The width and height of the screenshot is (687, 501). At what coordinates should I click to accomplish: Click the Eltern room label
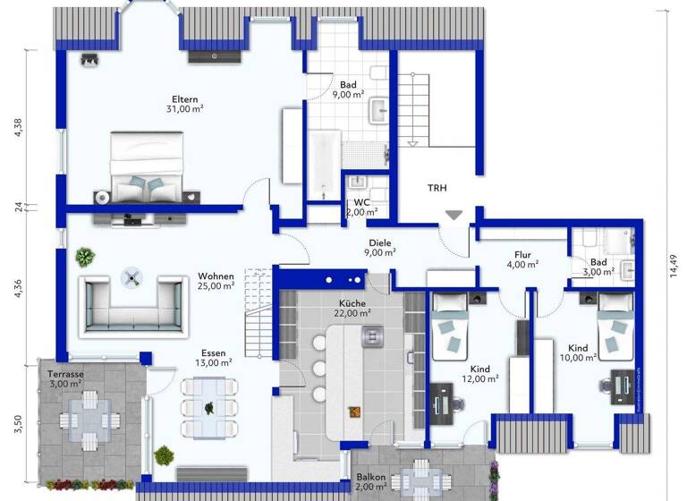pyautogui.click(x=185, y=99)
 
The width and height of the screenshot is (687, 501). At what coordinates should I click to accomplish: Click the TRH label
pyautogui.click(x=437, y=187)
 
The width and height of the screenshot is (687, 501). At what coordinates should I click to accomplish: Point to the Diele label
pyautogui.click(x=381, y=242)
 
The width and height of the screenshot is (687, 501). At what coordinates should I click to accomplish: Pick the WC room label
pyautogui.click(x=360, y=202)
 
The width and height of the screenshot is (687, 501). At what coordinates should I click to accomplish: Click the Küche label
pyautogui.click(x=352, y=303)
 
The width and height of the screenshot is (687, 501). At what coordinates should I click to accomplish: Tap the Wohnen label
pyautogui.click(x=216, y=276)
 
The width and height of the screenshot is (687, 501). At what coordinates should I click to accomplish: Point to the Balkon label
pyautogui.click(x=370, y=478)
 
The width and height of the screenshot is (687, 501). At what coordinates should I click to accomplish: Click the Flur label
pyautogui.click(x=522, y=254)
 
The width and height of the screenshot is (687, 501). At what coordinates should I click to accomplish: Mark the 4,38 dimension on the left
pyautogui.click(x=15, y=131)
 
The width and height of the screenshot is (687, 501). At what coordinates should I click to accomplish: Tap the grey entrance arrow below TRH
pyautogui.click(x=454, y=215)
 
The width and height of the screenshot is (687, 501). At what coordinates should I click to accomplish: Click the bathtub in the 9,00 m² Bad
pyautogui.click(x=324, y=166)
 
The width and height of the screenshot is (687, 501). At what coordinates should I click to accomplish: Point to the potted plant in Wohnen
pyautogui.click(x=85, y=258)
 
